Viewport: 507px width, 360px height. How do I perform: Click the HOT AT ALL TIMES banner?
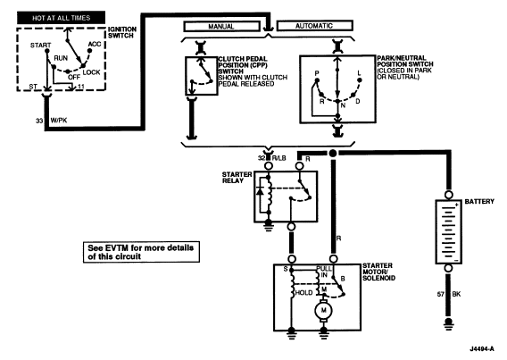pos(61,18)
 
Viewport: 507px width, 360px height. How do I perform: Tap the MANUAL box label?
pos(221,26)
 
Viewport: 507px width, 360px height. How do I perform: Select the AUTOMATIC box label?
pos(314,26)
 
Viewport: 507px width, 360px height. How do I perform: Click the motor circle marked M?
pos(324,310)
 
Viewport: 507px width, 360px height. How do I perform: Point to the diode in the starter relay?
pos(260,191)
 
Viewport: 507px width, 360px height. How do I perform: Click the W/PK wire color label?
pos(59,121)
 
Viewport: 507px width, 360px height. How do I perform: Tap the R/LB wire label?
pos(278,158)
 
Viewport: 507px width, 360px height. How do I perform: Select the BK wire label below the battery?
pos(456,294)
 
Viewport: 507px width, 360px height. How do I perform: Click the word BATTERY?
pos(479,202)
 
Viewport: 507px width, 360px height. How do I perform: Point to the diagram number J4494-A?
pos(482,348)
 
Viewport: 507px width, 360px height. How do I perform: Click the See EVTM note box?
pos(141,252)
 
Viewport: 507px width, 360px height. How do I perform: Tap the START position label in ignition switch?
pos(41,46)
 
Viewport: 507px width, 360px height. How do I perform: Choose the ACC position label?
pos(95,44)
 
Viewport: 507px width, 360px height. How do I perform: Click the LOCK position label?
pos(92,72)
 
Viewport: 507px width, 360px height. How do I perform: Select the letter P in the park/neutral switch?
pos(317,73)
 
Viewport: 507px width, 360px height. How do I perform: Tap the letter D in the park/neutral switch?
pos(358,101)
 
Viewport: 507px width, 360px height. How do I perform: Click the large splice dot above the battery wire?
pos(333,154)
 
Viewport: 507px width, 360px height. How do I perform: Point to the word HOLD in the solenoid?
pos(304,293)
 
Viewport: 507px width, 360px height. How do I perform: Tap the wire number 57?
pos(441,294)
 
